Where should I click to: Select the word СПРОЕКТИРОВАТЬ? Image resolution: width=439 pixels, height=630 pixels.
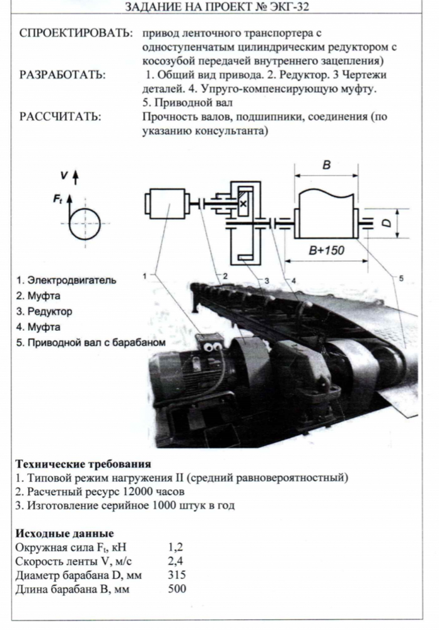pyautogui.click(x=76, y=33)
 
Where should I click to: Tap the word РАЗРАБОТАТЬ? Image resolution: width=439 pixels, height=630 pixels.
pyautogui.click(x=62, y=75)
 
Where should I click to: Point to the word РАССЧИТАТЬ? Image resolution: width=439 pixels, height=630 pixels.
pyautogui.click(x=60, y=117)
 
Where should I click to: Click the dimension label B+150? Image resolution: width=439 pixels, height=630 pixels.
pyautogui.click(x=326, y=250)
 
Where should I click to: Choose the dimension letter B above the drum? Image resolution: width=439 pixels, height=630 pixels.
pyautogui.click(x=326, y=164)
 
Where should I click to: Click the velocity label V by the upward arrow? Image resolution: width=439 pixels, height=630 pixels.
pyautogui.click(x=64, y=175)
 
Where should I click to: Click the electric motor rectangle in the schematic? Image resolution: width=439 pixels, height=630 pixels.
pyautogui.click(x=167, y=203)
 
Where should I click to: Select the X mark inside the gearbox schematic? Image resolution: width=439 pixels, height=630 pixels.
pyautogui.click(x=243, y=203)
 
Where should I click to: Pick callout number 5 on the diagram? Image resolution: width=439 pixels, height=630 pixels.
pyautogui.click(x=401, y=278)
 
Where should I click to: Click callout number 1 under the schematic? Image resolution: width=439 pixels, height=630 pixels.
pyautogui.click(x=144, y=276)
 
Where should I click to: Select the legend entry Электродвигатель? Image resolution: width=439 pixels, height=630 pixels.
pyautogui.click(x=66, y=280)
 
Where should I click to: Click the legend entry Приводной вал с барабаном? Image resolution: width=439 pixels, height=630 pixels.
pyautogui.click(x=91, y=343)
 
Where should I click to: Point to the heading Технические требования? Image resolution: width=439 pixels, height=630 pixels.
pyautogui.click(x=83, y=464)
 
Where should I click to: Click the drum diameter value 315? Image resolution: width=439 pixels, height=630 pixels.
pyautogui.click(x=177, y=575)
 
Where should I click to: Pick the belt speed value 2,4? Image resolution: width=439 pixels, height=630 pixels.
pyautogui.click(x=175, y=561)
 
